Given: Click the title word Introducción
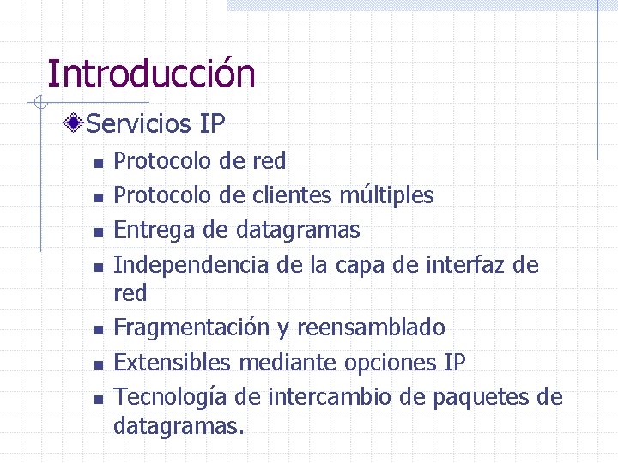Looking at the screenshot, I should pyautogui.click(x=151, y=74).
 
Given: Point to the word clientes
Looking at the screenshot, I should pyautogui.click(x=292, y=195).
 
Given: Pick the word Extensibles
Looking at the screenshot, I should pyautogui.click(x=172, y=363).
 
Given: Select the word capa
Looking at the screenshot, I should pyautogui.click(x=359, y=265).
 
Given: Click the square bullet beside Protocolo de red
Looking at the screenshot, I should pyautogui.click(x=99, y=162).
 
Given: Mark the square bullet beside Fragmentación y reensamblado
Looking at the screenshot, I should pyautogui.click(x=99, y=329).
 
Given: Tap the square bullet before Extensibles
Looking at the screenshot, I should pyautogui.click(x=99, y=364).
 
